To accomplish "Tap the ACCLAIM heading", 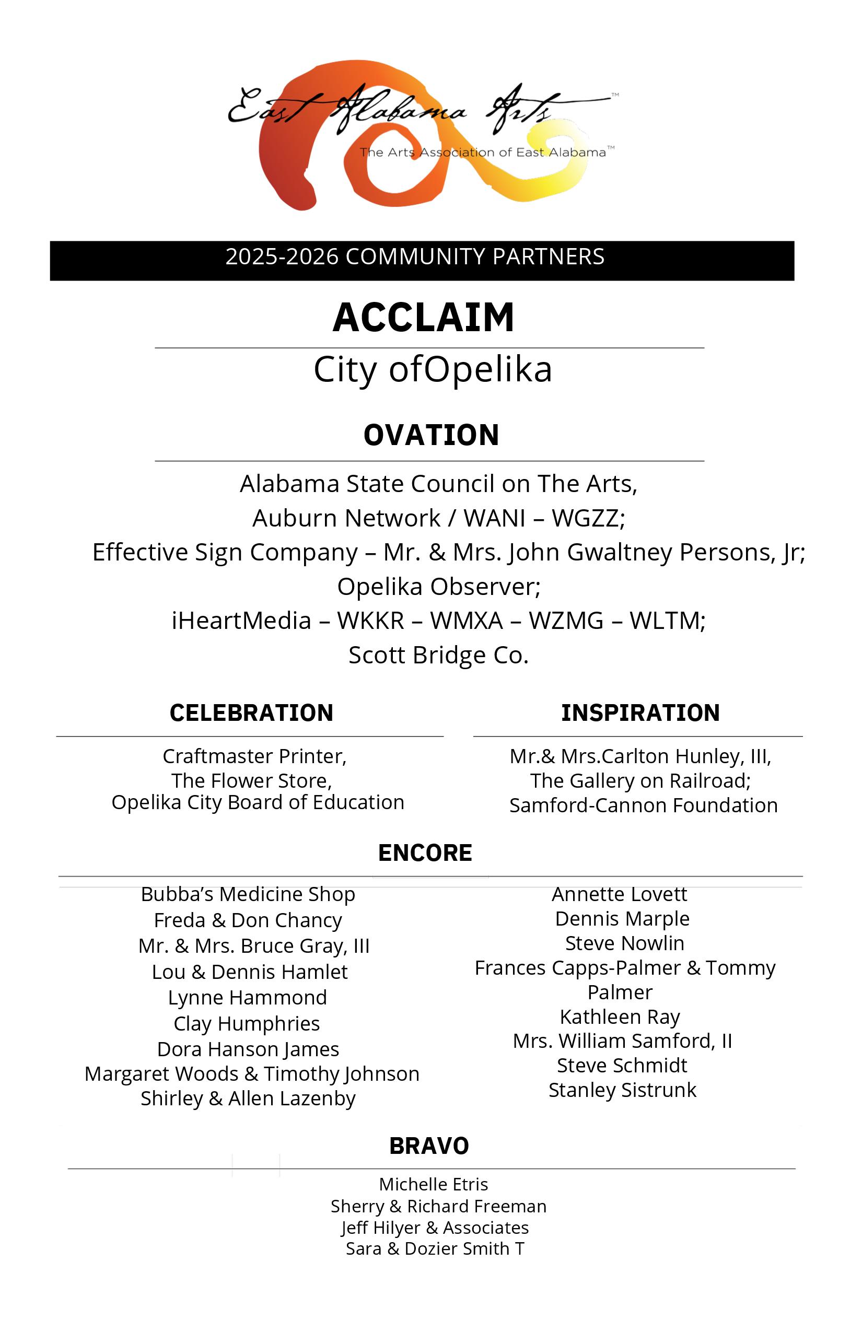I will (x=423, y=318).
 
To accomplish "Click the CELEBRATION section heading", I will (x=251, y=713).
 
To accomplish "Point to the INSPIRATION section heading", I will (x=640, y=713).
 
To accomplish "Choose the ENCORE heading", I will (x=425, y=853).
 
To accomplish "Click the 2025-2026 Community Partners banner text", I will (x=415, y=257).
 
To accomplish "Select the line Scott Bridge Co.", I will (x=438, y=655).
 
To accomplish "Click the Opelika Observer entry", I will (x=438, y=587).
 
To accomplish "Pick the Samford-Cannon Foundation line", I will (x=643, y=805).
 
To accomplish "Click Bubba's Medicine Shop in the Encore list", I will (x=248, y=894).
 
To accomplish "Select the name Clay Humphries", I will (x=246, y=1024).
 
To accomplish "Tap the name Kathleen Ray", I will (x=620, y=1016).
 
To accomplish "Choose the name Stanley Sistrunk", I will (x=622, y=1090).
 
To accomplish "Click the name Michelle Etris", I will (x=433, y=1184).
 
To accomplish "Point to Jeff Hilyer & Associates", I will (x=435, y=1228).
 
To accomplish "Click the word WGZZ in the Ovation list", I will (x=588, y=518).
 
